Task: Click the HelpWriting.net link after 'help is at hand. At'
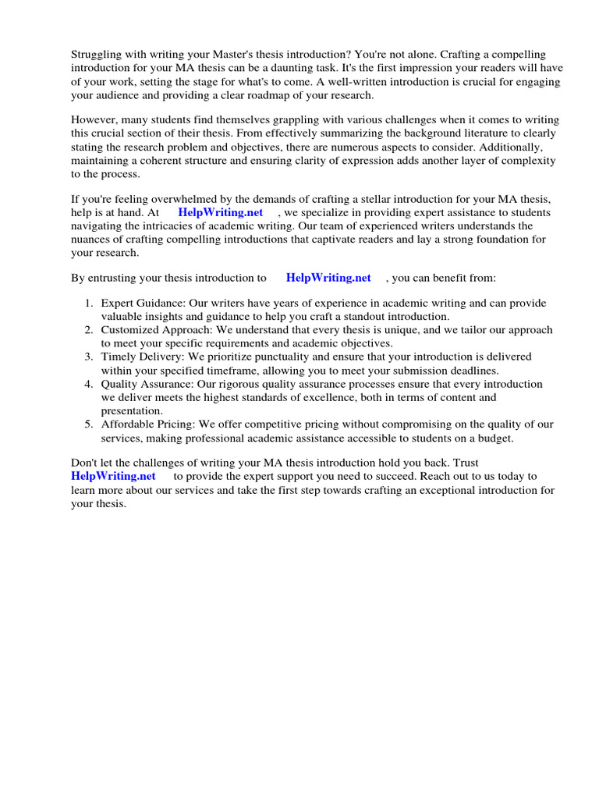(220, 212)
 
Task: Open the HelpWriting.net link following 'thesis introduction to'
(328, 278)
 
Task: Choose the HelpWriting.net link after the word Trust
(113, 476)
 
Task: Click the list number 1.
(88, 304)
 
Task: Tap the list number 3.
(88, 357)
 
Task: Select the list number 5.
(88, 424)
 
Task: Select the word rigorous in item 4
(234, 384)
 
